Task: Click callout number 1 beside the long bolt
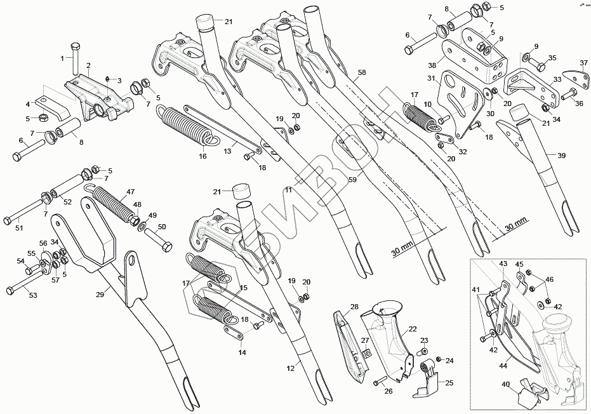point(63,58)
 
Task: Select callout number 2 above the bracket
point(88,65)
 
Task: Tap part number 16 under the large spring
point(203,156)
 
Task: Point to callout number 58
point(361,74)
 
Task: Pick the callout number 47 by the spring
point(130,191)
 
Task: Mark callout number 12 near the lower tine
point(291,368)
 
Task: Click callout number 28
point(354,307)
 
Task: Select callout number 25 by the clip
point(449,383)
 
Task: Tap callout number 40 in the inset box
point(505,384)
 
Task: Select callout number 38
point(432,65)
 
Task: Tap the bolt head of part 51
point(7,220)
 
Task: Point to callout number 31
point(430,79)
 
